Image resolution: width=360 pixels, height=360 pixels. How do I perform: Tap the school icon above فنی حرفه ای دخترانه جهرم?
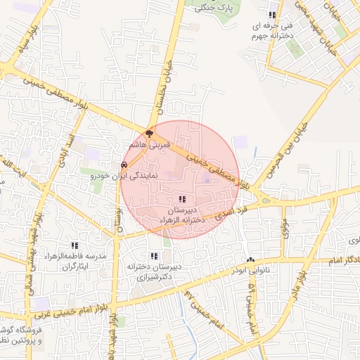pos(272,15)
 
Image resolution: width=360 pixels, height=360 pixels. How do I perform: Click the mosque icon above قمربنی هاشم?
pos(149,132)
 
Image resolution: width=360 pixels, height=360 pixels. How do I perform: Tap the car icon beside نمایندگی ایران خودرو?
pos(124,166)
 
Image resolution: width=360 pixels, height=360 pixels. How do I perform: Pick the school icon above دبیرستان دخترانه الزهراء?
pos(183,199)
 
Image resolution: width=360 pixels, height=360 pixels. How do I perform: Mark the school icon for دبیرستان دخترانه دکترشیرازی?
pos(154,257)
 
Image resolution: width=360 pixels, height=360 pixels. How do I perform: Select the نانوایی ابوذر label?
pos(248,269)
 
